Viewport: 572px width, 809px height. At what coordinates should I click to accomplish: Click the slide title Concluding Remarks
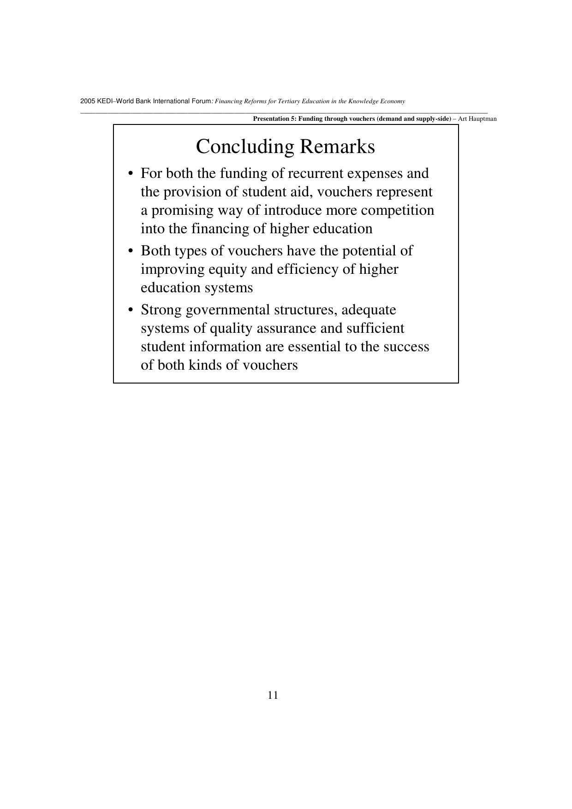tap(285, 147)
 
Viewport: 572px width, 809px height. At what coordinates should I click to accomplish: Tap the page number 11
tap(273, 695)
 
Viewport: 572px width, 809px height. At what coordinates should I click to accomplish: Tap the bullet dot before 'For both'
tap(131, 174)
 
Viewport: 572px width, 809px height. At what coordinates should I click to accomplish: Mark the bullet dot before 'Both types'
tap(131, 252)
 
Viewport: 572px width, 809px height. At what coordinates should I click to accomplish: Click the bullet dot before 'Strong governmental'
tap(131, 311)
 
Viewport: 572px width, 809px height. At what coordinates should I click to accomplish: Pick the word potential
tap(370, 251)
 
